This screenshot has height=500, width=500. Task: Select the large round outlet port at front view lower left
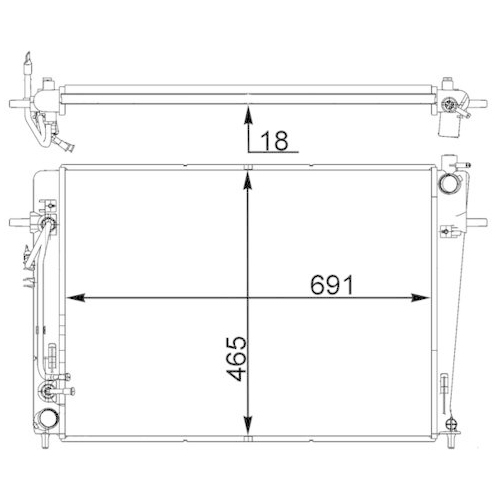[x=46, y=420]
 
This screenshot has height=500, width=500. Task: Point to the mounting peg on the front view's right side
[x=478, y=222]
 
